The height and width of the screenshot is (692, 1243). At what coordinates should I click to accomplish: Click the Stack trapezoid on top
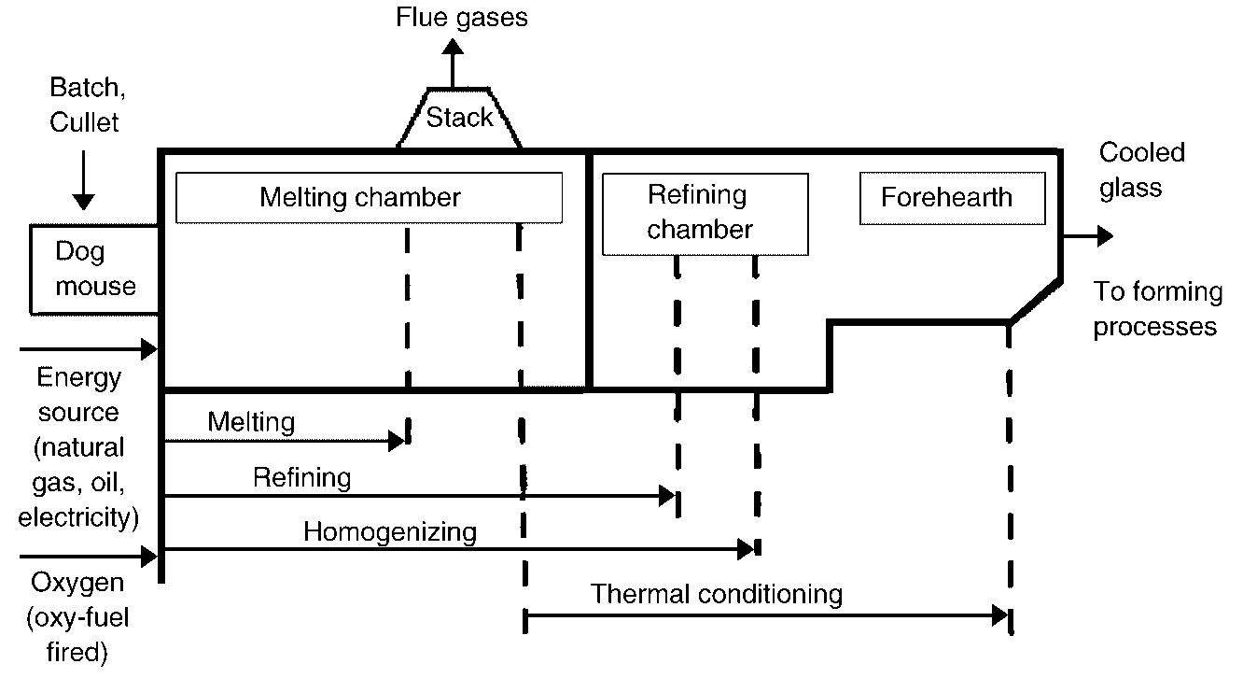(x=459, y=119)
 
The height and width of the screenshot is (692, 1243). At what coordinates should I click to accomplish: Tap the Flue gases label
(x=461, y=17)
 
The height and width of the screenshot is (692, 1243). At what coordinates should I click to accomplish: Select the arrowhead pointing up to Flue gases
(x=453, y=47)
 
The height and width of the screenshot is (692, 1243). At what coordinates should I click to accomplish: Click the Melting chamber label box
(x=369, y=197)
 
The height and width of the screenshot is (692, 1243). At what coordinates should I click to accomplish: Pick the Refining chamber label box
(x=705, y=213)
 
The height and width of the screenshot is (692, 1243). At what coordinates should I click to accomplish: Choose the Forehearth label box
(x=951, y=198)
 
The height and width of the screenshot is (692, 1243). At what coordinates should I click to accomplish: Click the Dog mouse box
(x=94, y=268)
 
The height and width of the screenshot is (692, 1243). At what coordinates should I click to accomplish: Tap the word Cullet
(x=84, y=122)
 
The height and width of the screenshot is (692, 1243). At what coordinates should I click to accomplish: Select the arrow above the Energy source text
(x=89, y=350)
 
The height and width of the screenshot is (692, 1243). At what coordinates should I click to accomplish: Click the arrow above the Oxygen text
(x=89, y=557)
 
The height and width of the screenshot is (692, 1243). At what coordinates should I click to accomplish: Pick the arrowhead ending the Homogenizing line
(x=747, y=549)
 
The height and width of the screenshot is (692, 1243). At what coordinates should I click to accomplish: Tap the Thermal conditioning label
(x=716, y=594)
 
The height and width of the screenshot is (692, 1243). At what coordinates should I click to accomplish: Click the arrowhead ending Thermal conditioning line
(x=1001, y=615)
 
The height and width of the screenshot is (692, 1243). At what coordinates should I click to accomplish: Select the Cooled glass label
(x=1140, y=170)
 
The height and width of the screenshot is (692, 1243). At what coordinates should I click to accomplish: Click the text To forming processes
(x=1157, y=309)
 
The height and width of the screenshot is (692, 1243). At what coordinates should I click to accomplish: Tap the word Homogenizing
(x=389, y=532)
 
